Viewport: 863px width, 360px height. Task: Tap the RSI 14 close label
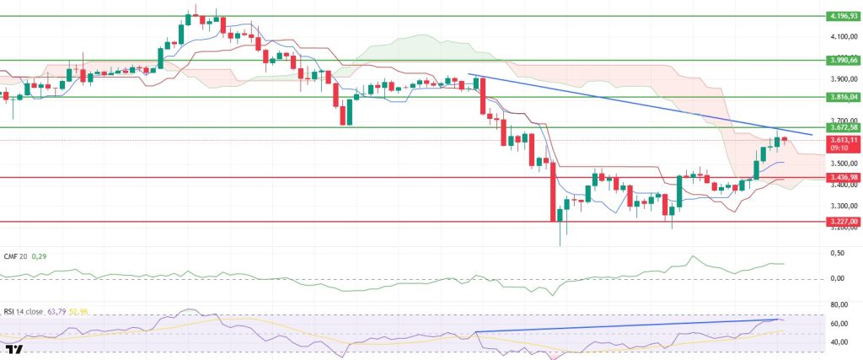pyautogui.click(x=24, y=312)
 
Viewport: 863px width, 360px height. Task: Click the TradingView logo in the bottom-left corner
pyautogui.click(x=14, y=348)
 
